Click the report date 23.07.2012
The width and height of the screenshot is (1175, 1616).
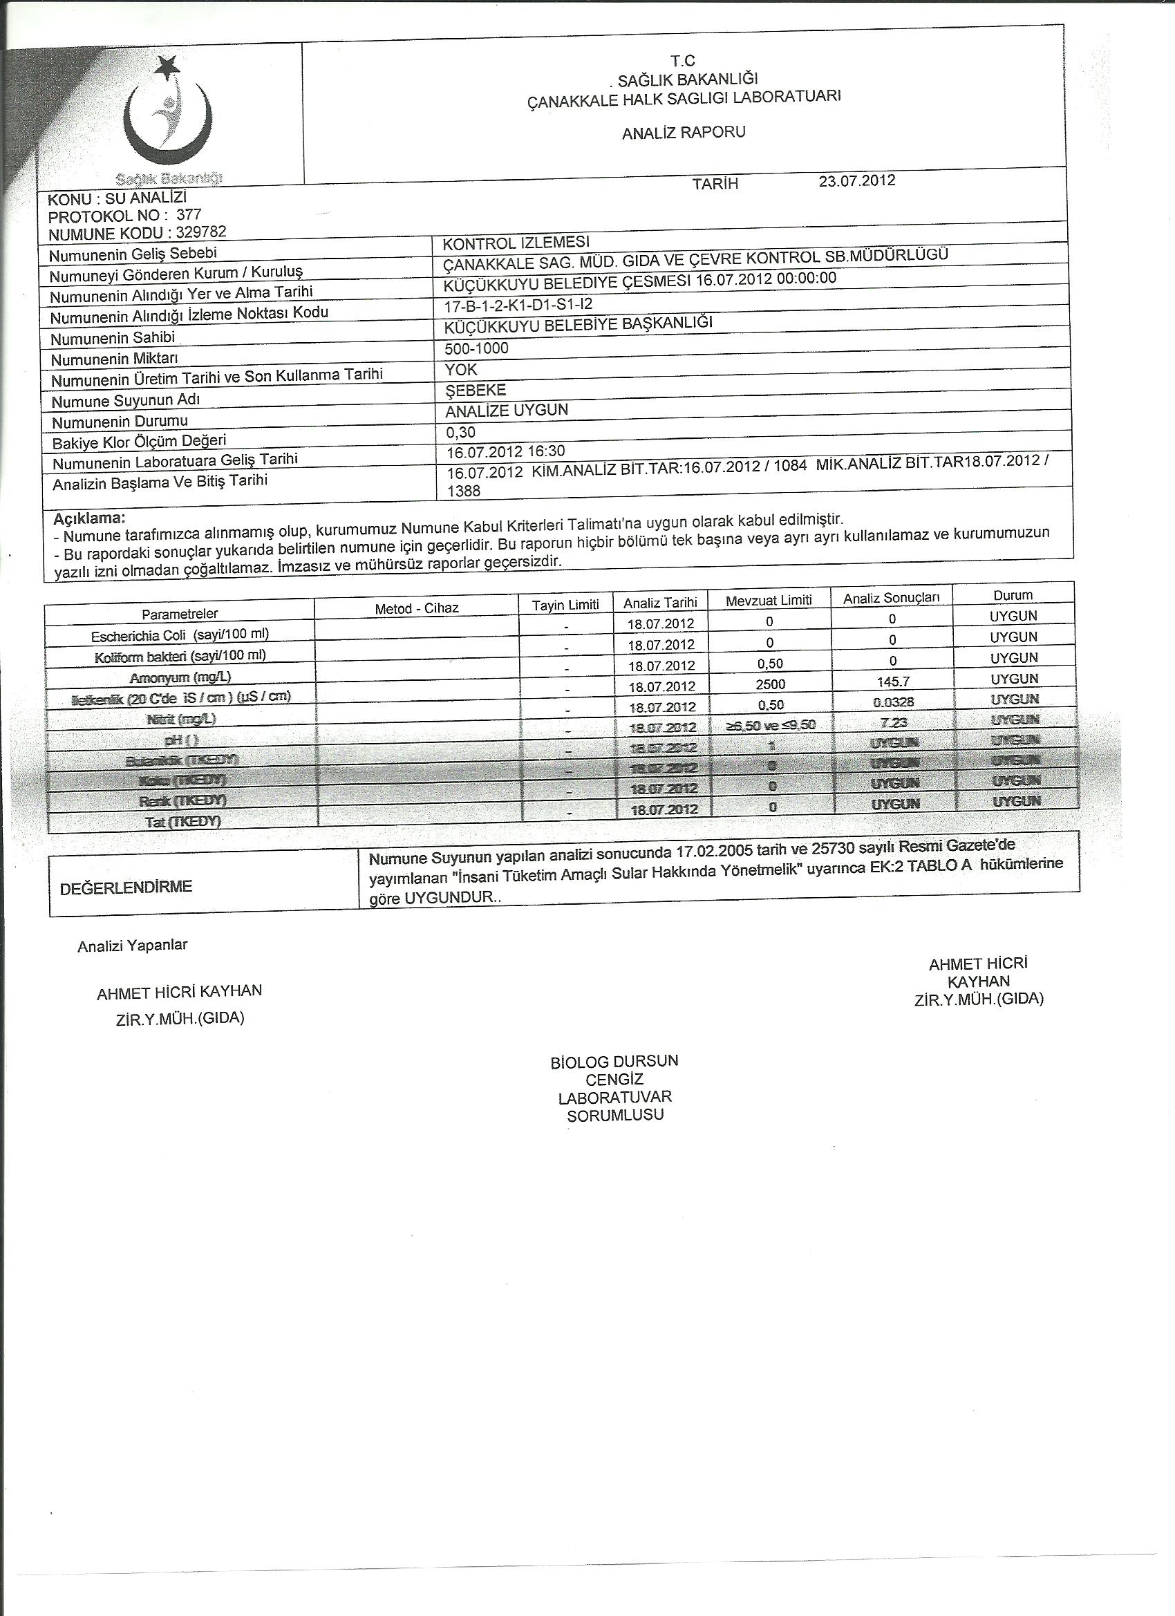tap(856, 180)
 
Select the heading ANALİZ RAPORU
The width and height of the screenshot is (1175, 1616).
tap(684, 133)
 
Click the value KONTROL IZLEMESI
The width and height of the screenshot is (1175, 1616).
tap(516, 243)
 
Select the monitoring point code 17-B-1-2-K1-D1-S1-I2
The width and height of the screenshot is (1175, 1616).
tap(518, 305)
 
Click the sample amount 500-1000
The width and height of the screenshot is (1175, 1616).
tap(476, 348)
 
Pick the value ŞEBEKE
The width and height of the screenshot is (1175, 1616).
tap(476, 390)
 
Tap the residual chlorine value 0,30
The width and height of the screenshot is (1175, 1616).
tap(460, 432)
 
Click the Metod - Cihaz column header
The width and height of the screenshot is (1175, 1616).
tap(417, 608)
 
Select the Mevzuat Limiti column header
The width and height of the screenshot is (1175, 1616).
tap(769, 600)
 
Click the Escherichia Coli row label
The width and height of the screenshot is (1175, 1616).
tap(180, 634)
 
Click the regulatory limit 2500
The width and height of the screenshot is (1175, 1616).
tap(770, 684)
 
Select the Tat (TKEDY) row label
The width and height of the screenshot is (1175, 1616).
tap(183, 822)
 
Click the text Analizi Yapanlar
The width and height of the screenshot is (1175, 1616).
tap(133, 945)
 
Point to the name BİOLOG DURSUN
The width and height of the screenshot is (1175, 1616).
tap(614, 1061)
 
